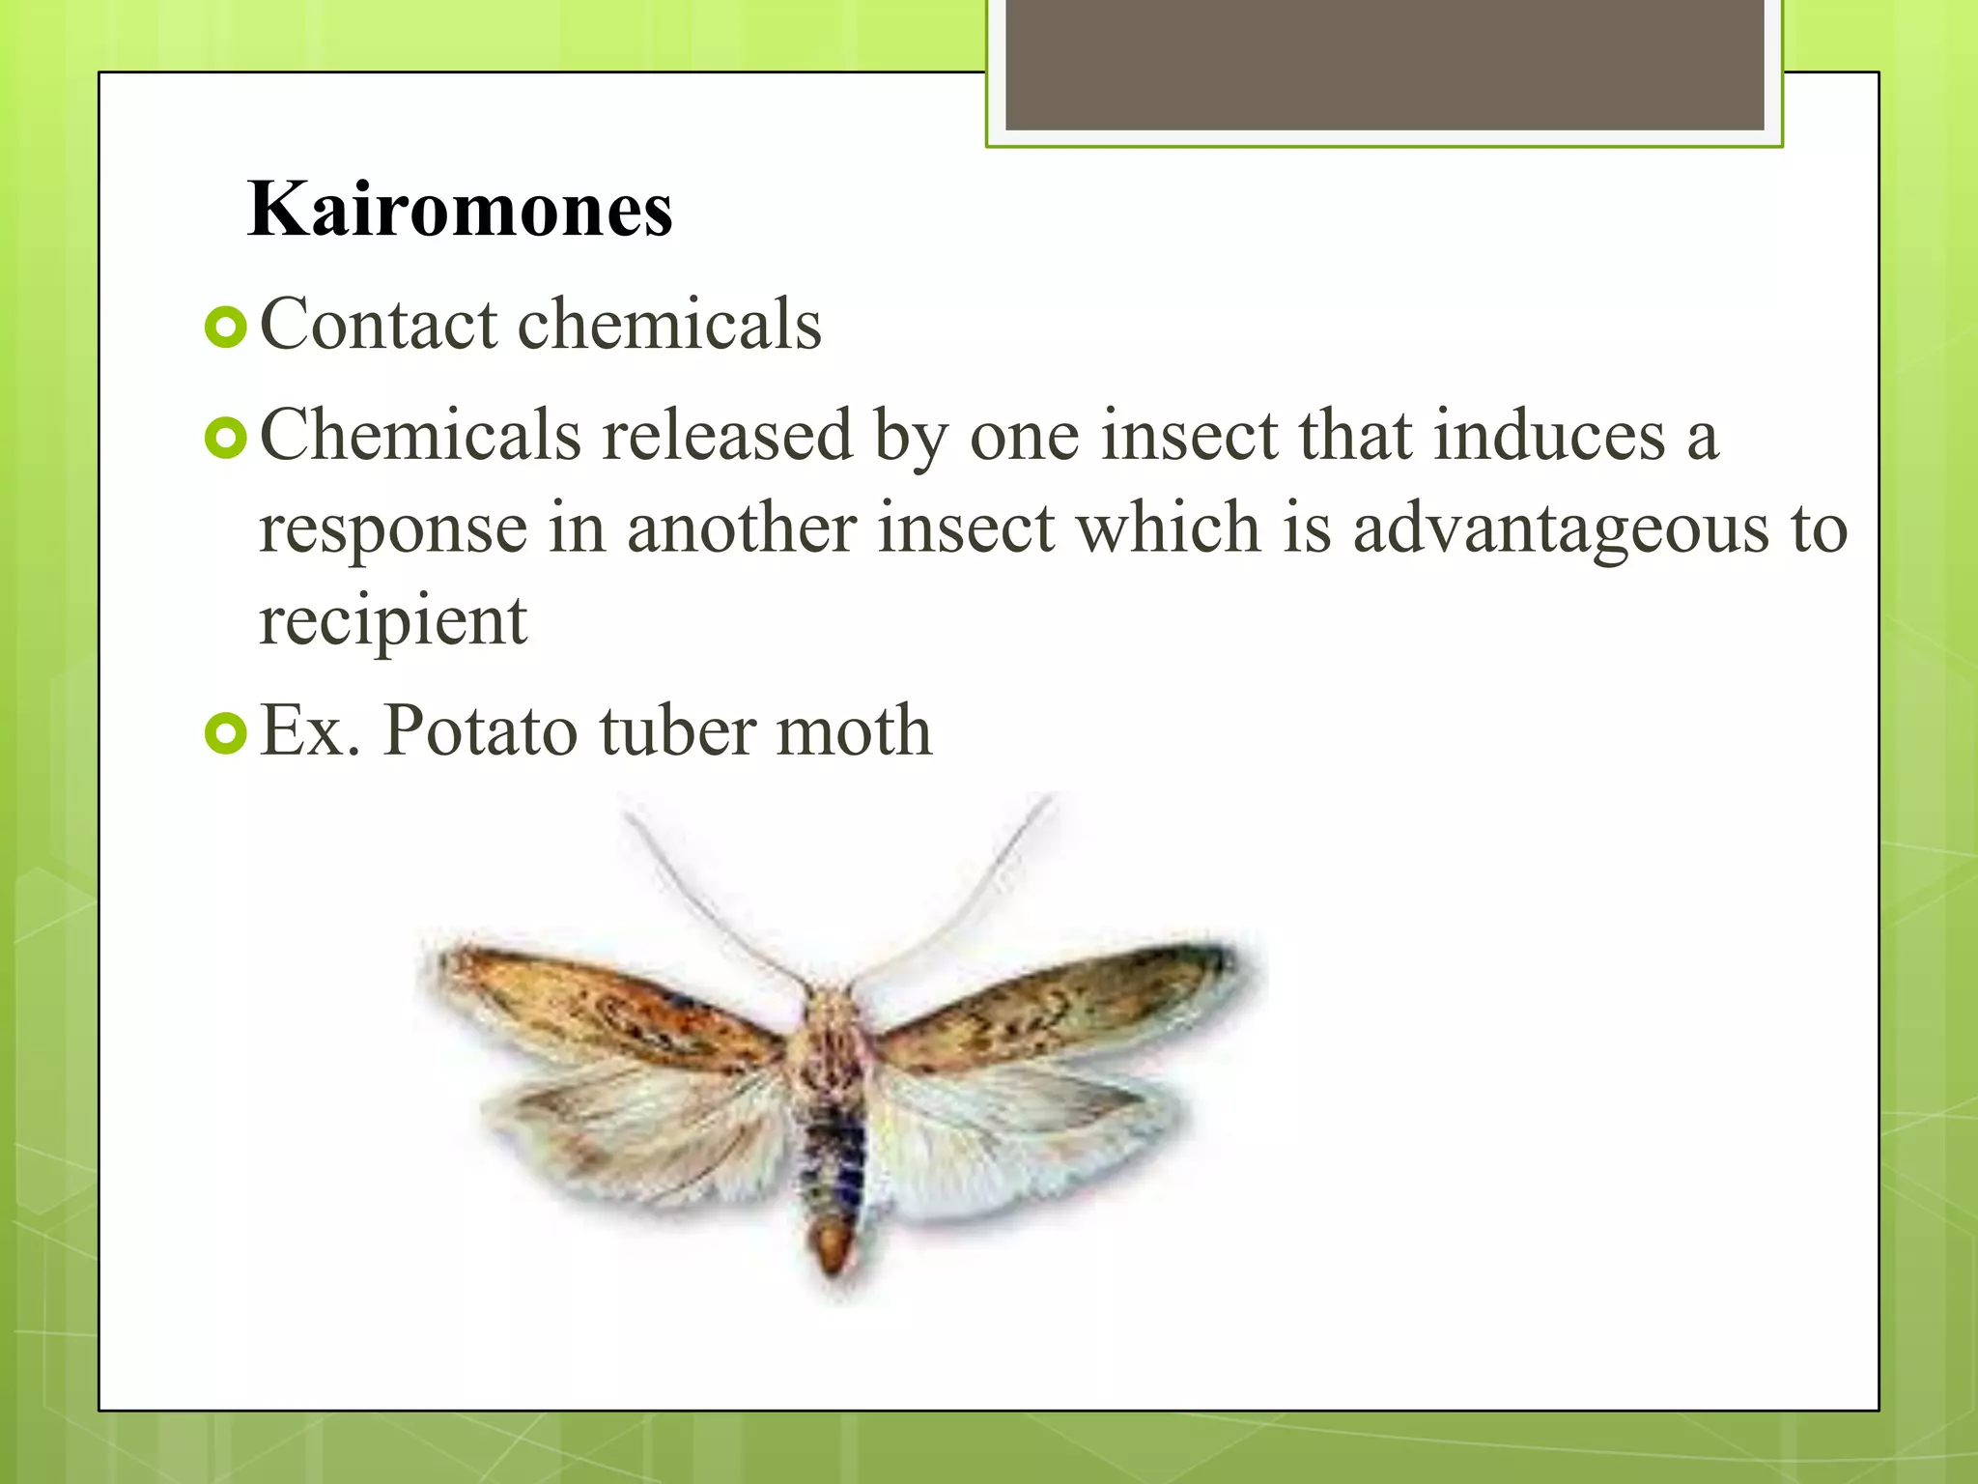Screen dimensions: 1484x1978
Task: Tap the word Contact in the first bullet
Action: (379, 324)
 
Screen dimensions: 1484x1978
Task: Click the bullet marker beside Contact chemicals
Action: (226, 328)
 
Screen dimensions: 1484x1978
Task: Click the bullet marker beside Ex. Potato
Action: (226, 734)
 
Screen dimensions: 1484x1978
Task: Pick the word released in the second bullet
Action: (726, 435)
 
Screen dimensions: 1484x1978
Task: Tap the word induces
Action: (1548, 435)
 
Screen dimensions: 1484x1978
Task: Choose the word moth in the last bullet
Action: (854, 730)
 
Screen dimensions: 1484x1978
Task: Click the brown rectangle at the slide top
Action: (1384, 64)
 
